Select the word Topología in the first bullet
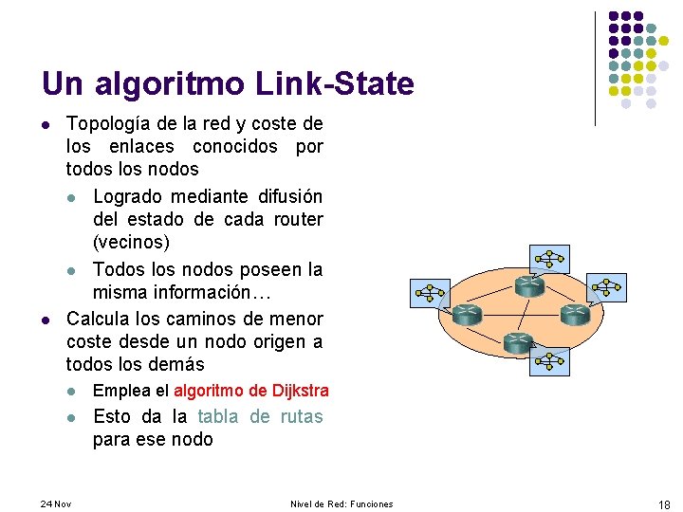click(103, 123)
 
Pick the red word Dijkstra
click(300, 391)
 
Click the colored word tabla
click(218, 416)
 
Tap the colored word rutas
click(301, 416)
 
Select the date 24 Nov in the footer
click(57, 503)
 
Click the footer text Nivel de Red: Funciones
click(341, 503)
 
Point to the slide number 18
click(663, 503)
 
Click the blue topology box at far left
click(429, 293)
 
